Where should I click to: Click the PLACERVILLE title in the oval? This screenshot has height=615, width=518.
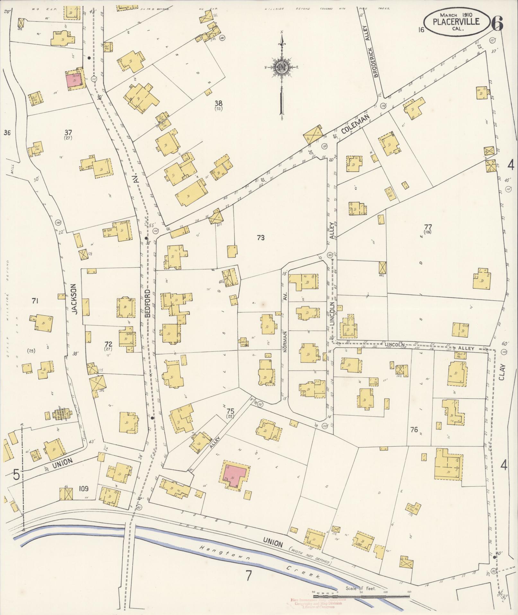point(456,21)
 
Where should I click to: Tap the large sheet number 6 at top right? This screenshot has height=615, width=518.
point(497,22)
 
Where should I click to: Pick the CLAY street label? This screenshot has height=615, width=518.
point(502,372)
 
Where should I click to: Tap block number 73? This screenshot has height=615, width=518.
point(260,238)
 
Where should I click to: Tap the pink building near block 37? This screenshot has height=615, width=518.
point(74,80)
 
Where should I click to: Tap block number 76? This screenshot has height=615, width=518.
point(414,430)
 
